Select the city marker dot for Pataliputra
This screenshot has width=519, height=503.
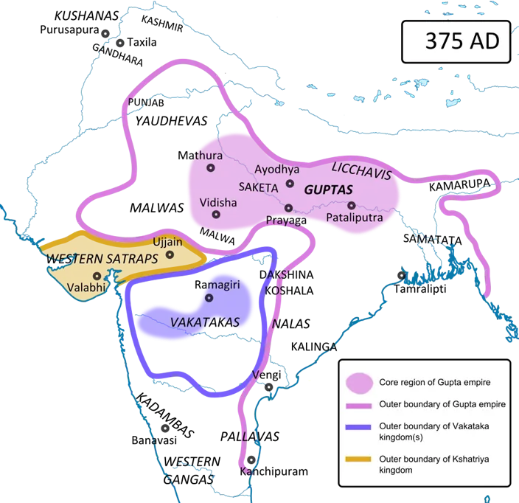point(351,205)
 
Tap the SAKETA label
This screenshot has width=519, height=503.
point(257,187)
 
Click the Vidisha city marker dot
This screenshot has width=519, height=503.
point(216,215)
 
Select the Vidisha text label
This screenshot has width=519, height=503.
point(218,201)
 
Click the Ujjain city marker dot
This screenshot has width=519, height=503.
point(170,254)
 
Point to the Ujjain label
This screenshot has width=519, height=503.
point(167,241)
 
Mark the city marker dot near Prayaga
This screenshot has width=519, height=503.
point(288,208)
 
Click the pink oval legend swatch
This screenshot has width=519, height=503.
point(358,382)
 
